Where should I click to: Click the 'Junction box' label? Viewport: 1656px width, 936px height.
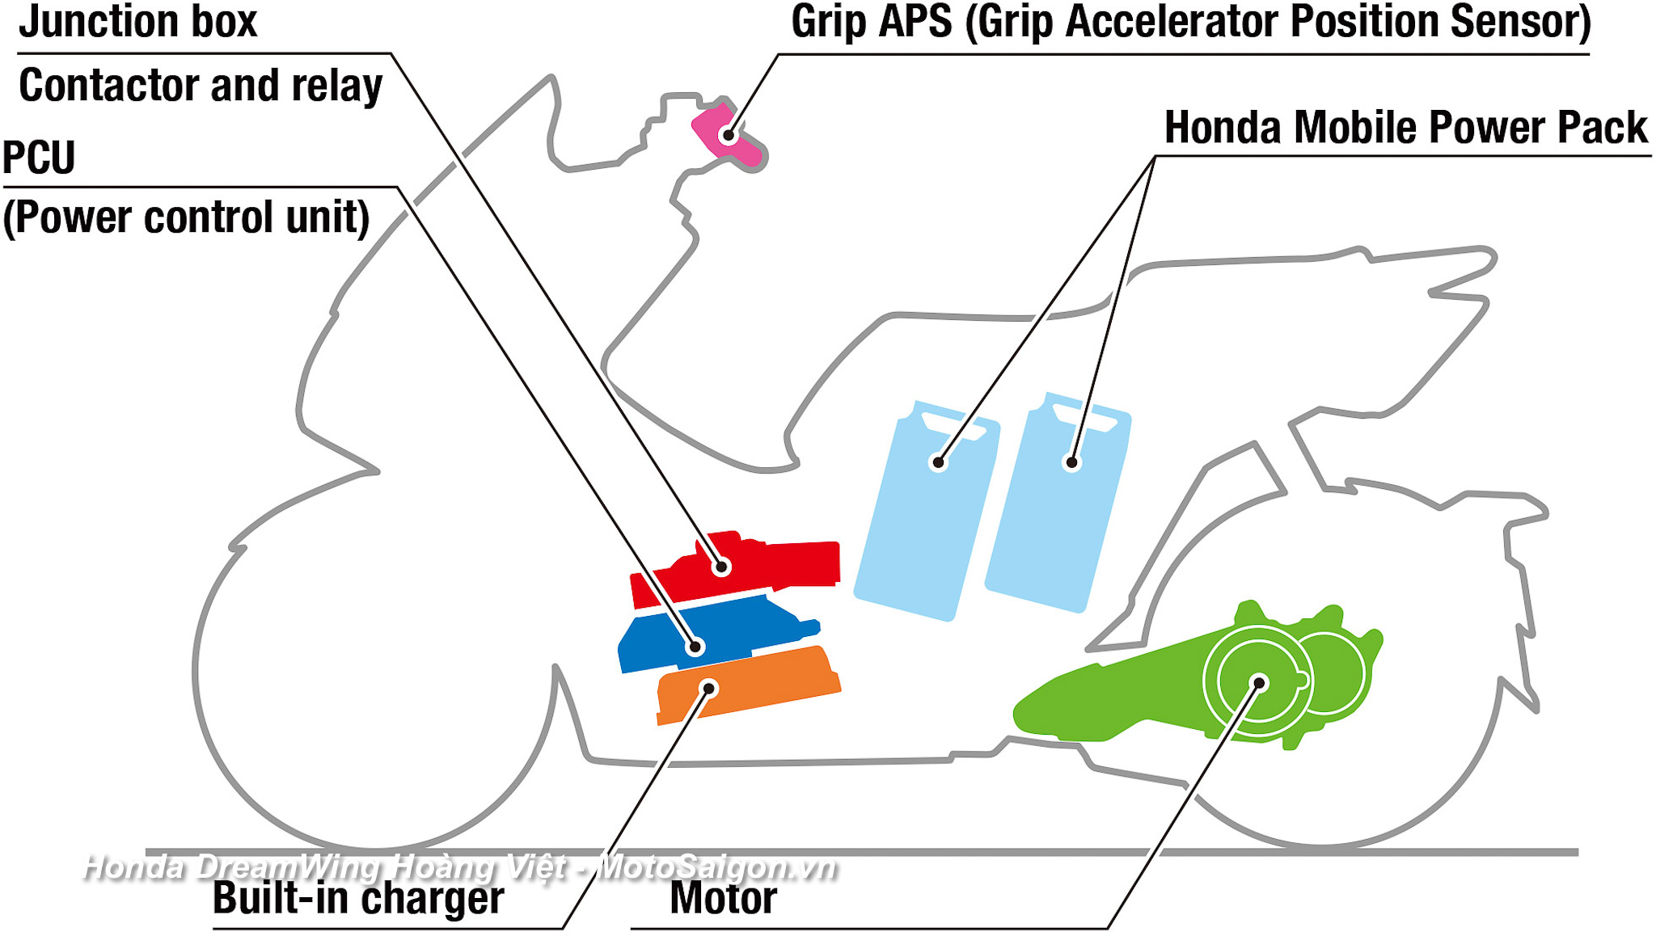click(x=137, y=21)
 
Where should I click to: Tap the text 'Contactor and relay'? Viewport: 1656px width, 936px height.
click(x=201, y=86)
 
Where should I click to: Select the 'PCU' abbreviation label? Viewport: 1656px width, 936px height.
click(x=39, y=157)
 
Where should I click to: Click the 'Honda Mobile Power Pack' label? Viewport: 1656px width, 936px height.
click(x=1405, y=128)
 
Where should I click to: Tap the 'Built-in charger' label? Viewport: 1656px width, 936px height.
click(x=358, y=898)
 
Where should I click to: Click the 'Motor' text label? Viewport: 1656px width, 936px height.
click(x=724, y=898)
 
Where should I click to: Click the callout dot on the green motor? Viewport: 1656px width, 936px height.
click(x=1259, y=684)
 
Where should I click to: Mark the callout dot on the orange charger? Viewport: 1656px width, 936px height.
click(x=708, y=689)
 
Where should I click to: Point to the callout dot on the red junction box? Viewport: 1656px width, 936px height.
click(x=722, y=567)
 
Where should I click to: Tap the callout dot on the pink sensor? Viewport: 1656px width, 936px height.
click(x=729, y=135)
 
